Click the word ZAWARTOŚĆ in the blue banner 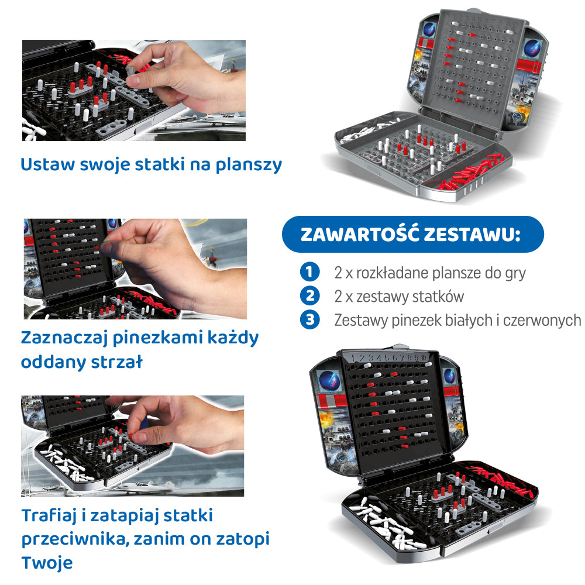(359, 234)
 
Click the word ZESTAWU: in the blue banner (472, 235)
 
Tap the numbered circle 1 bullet (309, 271)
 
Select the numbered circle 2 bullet (309, 296)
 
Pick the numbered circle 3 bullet (309, 320)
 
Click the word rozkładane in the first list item (392, 273)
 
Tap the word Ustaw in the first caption (47, 164)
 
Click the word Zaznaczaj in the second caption (64, 338)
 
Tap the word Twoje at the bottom (47, 563)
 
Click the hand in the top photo (187, 78)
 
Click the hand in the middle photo (175, 265)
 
